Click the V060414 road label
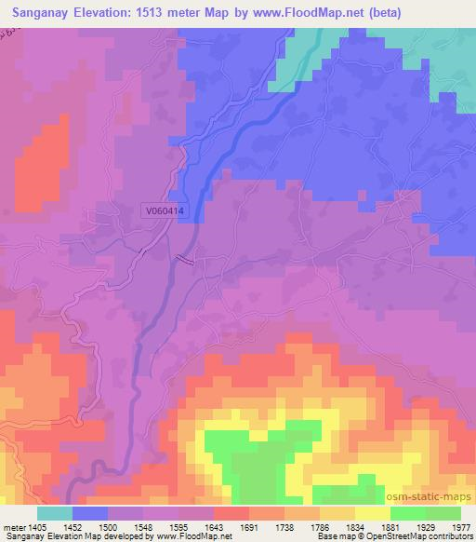point(165,212)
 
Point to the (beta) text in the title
point(436,12)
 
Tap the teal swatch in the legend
point(54,513)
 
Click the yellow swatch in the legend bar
point(373,513)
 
